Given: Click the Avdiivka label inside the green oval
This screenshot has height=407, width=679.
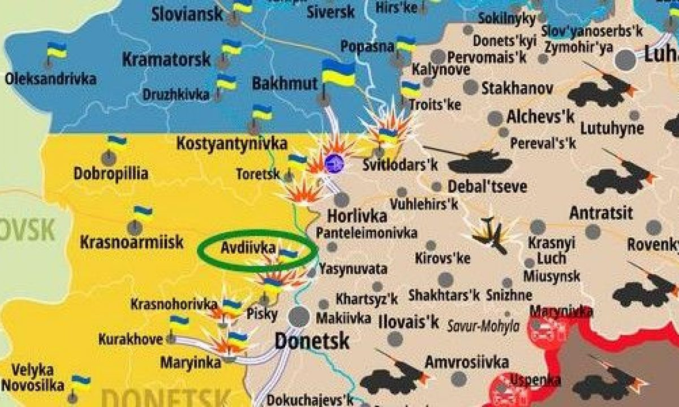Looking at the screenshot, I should [x=248, y=248].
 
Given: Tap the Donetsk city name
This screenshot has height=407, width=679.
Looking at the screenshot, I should [x=312, y=341].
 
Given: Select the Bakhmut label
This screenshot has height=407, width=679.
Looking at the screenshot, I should [x=285, y=84].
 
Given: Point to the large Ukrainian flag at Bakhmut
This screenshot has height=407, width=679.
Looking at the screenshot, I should [x=338, y=73].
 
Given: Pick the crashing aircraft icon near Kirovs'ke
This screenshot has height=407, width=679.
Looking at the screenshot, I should [x=491, y=233].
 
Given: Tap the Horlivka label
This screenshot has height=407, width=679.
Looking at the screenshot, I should [x=357, y=217].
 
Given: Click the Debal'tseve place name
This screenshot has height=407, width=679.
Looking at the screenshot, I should [x=487, y=186].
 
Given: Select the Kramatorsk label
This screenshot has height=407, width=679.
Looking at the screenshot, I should [x=166, y=59].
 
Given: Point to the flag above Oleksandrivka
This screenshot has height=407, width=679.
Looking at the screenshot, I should [x=57, y=51].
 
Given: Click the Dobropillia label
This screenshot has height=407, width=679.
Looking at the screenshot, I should [x=111, y=173].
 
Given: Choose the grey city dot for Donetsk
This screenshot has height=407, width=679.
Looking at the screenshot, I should [x=298, y=317].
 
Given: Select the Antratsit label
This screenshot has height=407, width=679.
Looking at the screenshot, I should [x=601, y=214].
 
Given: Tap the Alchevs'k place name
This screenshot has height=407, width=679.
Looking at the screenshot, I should [x=541, y=117].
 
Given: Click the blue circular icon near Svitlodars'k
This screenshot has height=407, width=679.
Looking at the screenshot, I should [x=334, y=163].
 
